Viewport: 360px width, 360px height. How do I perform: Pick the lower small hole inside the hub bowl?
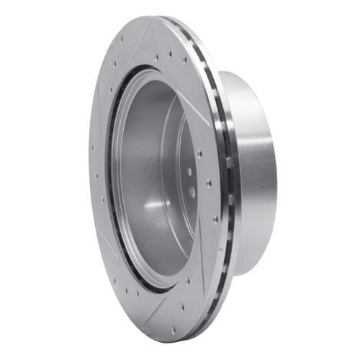pos(192,191)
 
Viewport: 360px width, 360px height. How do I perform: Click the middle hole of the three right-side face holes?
pos(210,183)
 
